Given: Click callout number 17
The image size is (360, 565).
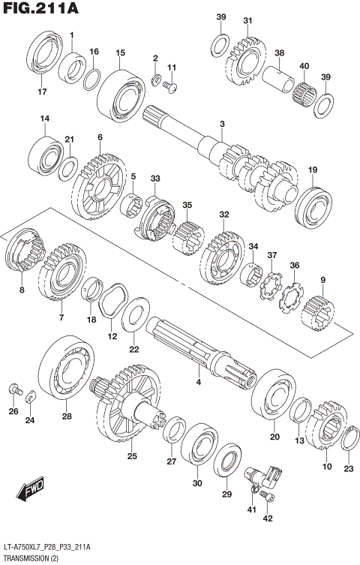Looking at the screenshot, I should click(x=42, y=92).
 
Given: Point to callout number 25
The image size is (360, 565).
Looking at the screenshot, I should click(x=132, y=455).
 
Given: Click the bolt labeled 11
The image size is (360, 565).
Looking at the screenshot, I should click(x=170, y=89).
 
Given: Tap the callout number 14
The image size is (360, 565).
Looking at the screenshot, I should click(x=45, y=119).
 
